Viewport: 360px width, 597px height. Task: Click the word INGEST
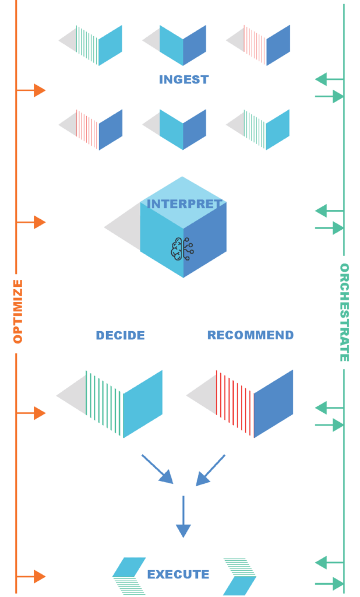pyautogui.click(x=183, y=80)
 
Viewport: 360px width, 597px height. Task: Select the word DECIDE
pyautogui.click(x=120, y=335)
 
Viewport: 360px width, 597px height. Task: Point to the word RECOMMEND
pyautogui.click(x=250, y=335)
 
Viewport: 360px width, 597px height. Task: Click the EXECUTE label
pyautogui.click(x=178, y=575)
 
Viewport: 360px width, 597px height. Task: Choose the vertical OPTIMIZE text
pyautogui.click(x=17, y=311)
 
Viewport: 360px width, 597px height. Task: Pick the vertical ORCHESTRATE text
pyautogui.click(x=344, y=312)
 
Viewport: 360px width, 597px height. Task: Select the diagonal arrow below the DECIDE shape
pyautogui.click(x=158, y=469)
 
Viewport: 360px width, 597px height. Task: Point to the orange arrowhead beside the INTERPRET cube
pyautogui.click(x=39, y=222)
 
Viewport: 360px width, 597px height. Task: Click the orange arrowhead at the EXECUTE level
pyautogui.click(x=39, y=577)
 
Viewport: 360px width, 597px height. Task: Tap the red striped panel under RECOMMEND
pyautogui.click(x=234, y=402)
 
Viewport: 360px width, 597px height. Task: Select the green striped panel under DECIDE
pyautogui.click(x=104, y=402)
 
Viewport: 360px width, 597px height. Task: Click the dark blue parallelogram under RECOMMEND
pyautogui.click(x=273, y=403)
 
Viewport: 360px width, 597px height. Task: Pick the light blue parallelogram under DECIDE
pyautogui.click(x=143, y=403)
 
